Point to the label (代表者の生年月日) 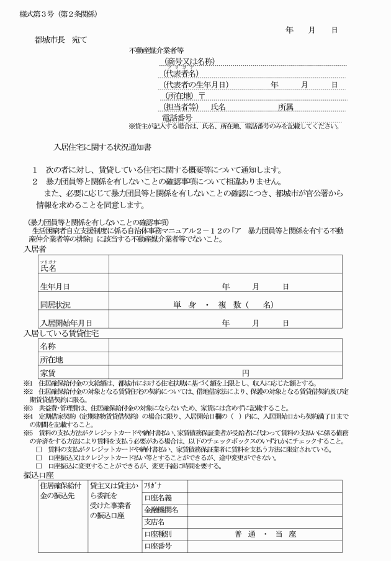[196, 84]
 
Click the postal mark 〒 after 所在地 [201, 96]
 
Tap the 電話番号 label [177, 117]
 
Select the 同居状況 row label [55, 305]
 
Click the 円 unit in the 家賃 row [246, 373]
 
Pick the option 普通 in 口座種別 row [244, 534]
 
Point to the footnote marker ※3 [28, 408]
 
